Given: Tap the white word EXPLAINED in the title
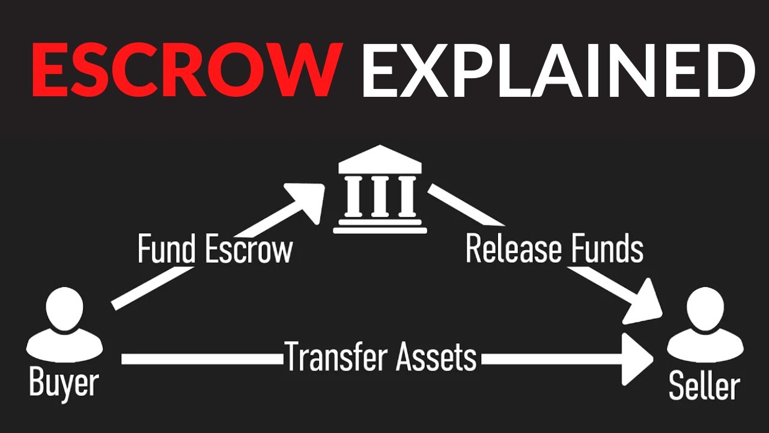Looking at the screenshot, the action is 558,71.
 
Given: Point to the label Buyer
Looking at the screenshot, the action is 64,383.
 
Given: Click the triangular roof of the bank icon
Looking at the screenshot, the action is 380,161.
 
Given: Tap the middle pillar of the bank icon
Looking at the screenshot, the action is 380,196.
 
